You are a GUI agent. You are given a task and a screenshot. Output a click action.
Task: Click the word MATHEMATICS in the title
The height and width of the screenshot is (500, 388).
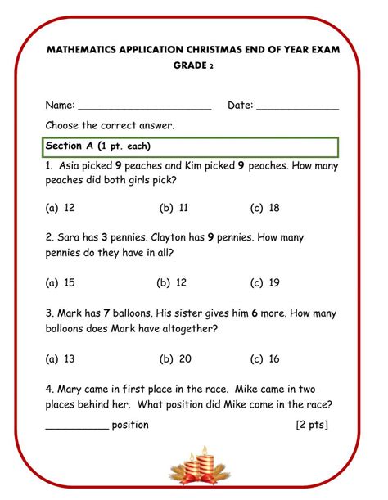click(x=82, y=50)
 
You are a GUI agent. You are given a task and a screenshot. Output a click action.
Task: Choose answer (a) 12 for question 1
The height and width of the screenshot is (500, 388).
click(x=61, y=208)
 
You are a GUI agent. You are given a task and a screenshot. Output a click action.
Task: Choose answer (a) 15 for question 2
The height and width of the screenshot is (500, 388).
click(x=61, y=283)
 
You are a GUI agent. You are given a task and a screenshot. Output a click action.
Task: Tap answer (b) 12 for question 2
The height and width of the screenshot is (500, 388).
click(x=172, y=283)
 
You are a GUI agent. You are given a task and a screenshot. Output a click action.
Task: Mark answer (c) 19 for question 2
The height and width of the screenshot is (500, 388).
click(x=265, y=283)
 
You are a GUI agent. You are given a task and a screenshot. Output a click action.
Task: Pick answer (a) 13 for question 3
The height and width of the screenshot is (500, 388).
click(x=61, y=358)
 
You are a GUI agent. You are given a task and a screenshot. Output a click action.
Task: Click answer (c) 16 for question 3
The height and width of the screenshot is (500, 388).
click(x=265, y=358)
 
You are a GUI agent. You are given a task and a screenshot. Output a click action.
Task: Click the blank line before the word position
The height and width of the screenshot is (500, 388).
click(x=77, y=427)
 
